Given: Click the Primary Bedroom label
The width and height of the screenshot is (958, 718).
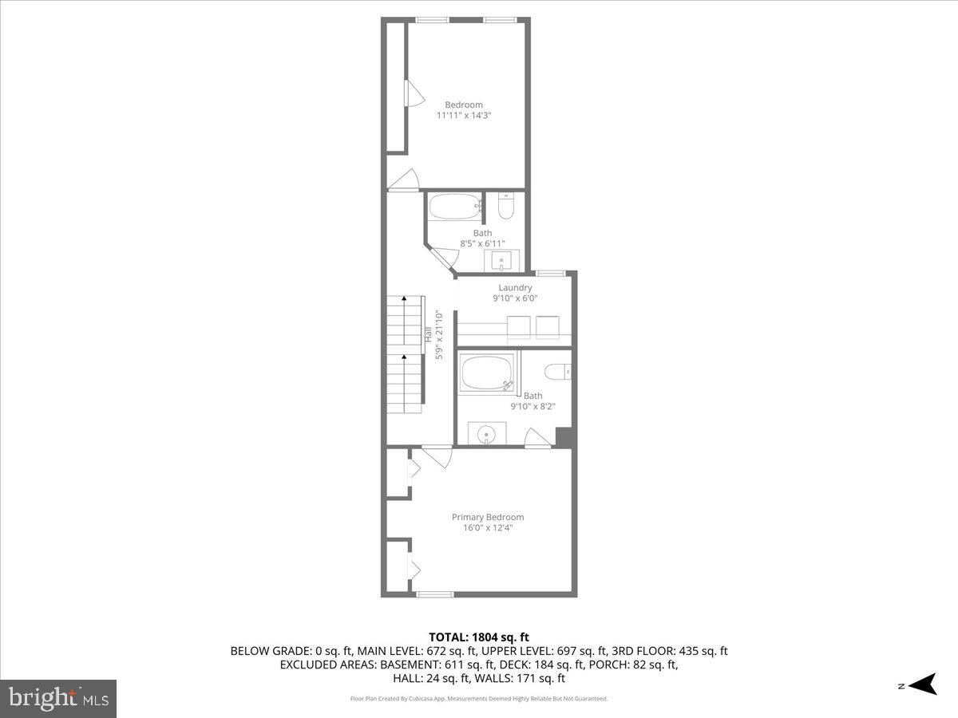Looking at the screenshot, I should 488,517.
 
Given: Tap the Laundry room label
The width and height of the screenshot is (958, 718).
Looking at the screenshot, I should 515,288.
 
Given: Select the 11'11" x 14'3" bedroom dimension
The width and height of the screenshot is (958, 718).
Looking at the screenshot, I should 464,116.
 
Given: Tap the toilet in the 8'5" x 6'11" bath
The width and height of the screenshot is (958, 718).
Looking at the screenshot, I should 505,207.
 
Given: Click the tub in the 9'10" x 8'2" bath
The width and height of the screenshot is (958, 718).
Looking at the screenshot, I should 487,373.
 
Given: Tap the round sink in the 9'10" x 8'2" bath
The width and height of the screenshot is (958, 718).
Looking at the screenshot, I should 486,434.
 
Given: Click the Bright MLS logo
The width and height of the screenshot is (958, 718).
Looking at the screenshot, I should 58,698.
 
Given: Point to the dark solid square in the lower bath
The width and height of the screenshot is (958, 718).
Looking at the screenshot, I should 564,437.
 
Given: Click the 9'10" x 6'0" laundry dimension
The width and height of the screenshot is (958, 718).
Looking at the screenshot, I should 515,298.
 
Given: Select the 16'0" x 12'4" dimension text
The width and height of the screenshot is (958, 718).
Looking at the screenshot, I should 488,527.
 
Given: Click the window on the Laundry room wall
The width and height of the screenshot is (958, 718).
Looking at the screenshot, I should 551,274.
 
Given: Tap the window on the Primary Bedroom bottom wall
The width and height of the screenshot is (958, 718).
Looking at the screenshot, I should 435,593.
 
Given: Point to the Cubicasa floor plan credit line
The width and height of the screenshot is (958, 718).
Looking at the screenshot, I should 479,699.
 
